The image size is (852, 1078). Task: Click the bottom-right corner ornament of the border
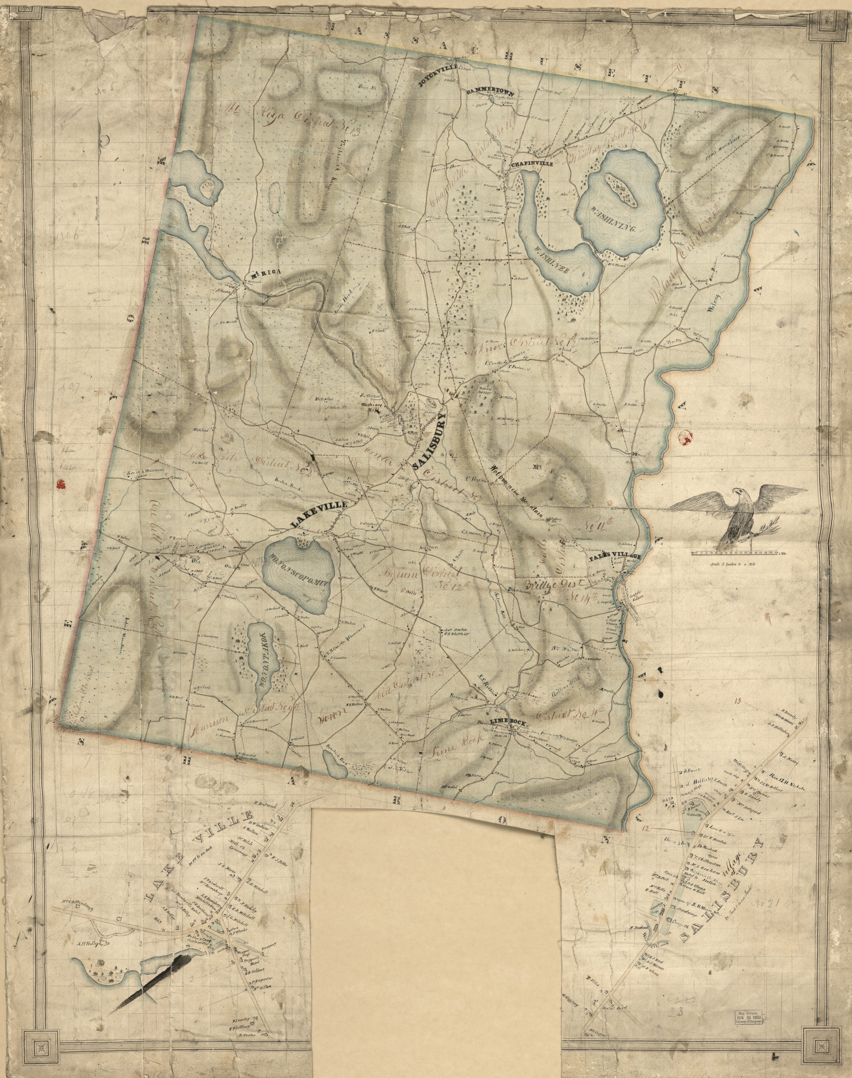[x=818, y=1042]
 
